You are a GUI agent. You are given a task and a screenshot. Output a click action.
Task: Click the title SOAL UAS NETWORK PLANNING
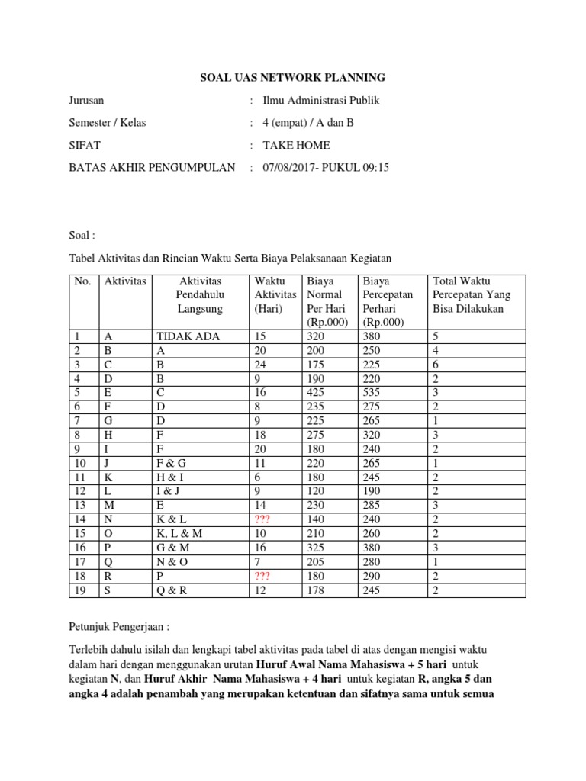pos(293,78)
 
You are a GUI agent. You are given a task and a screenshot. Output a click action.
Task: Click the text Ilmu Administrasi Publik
pos(320,101)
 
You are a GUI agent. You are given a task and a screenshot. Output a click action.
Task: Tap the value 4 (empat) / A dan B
pos(308,123)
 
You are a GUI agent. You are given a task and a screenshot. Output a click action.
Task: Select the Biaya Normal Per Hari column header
pos(326,302)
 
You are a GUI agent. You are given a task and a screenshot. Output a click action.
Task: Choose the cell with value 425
pos(314,391)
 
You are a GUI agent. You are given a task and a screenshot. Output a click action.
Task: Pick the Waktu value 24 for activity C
pos(261,364)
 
